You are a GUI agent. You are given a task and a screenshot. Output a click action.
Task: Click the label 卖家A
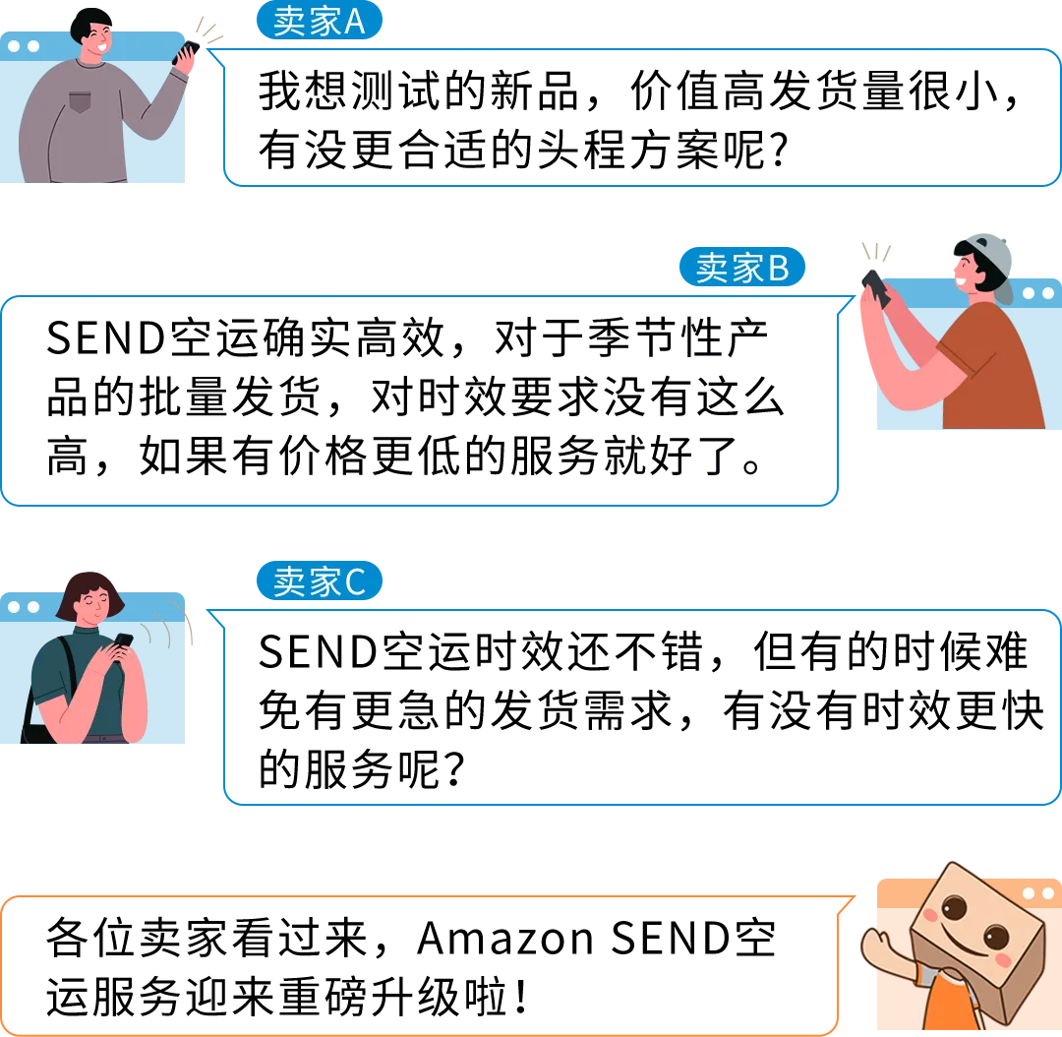pyautogui.click(x=319, y=22)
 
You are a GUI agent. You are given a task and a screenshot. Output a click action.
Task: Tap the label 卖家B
pyautogui.click(x=742, y=268)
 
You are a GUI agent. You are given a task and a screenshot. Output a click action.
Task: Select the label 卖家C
pyautogui.click(x=319, y=582)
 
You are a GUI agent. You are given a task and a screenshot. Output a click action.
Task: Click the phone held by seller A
pyautogui.click(x=187, y=51)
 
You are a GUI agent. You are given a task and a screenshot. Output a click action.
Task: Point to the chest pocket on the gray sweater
pyautogui.click(x=80, y=101)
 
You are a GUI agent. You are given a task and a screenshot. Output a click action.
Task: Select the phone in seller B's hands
pyautogui.click(x=874, y=286)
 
